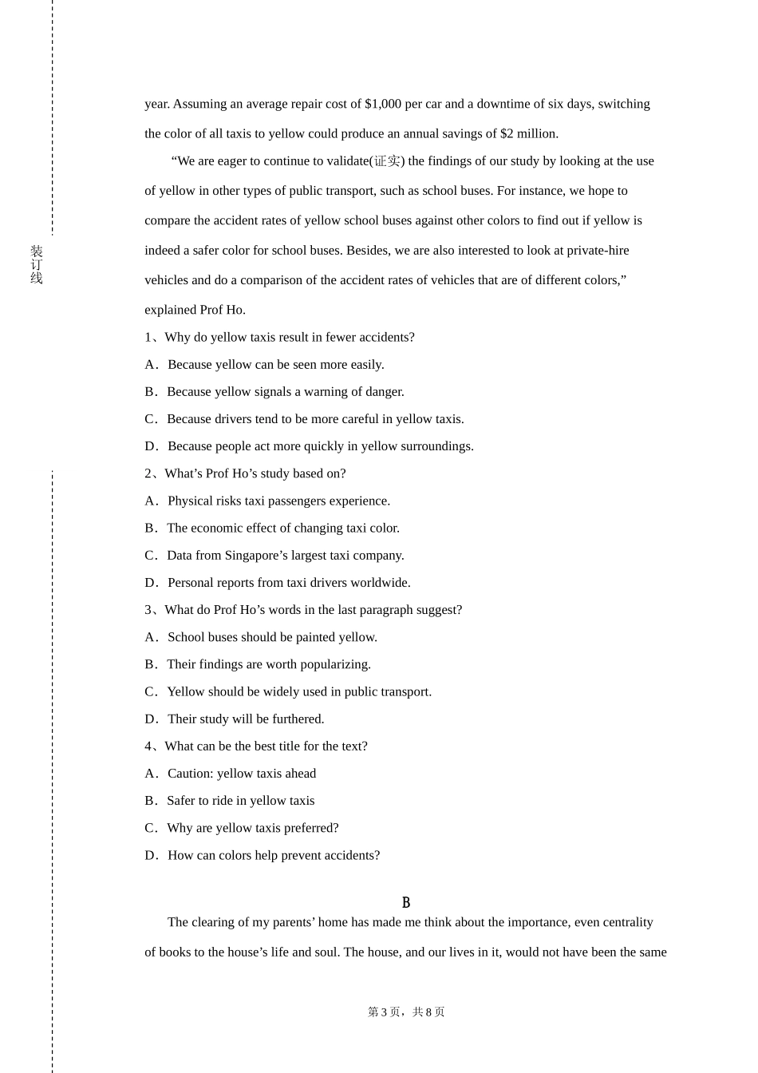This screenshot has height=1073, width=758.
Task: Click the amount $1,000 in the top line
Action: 383,104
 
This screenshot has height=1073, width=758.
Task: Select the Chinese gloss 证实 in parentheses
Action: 387,161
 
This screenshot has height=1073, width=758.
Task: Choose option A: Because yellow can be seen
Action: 275,365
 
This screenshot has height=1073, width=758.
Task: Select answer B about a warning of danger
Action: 285,392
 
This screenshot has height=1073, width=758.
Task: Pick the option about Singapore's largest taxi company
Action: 285,556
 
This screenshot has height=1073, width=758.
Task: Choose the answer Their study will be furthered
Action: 246,719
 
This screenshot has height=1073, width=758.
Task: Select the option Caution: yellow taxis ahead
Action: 241,774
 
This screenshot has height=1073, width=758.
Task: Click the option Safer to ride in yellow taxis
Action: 240,801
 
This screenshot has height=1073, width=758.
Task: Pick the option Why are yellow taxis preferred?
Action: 252,828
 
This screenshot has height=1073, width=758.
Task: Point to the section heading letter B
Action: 406,903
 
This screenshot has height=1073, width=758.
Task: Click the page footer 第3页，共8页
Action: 406,1012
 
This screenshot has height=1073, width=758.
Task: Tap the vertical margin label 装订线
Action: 37,265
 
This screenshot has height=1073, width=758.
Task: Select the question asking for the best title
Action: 266,746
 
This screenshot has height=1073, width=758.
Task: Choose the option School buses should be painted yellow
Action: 272,637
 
